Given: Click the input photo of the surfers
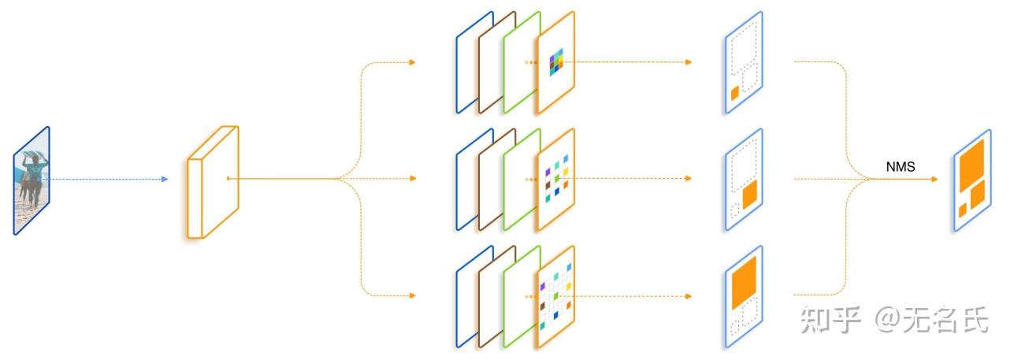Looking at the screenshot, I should pyautogui.click(x=32, y=180).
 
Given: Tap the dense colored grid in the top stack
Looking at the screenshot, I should pyautogui.click(x=557, y=61).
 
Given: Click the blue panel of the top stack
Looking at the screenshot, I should pyautogui.click(x=465, y=63).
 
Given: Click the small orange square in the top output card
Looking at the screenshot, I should pyautogui.click(x=734, y=93).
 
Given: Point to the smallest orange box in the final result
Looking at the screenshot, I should pyautogui.click(x=962, y=210).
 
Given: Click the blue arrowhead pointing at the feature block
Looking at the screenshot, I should pyautogui.click(x=164, y=180).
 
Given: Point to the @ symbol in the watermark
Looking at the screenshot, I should pyautogui.click(x=888, y=320).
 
